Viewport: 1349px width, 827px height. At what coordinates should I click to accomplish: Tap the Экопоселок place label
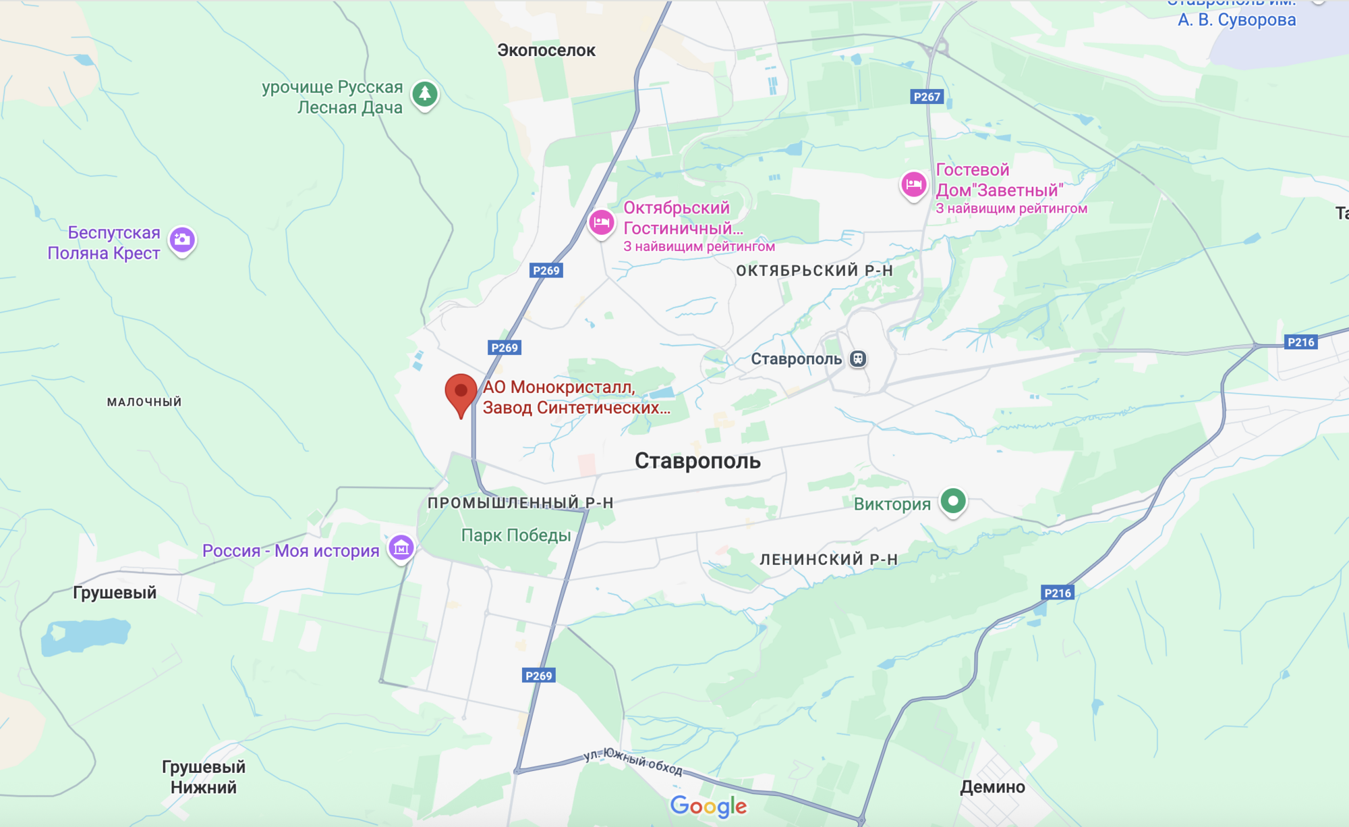[x=546, y=50]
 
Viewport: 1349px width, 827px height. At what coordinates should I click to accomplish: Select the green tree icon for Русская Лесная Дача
[x=425, y=94]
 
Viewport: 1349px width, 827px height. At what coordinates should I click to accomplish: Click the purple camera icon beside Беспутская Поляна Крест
[x=182, y=240]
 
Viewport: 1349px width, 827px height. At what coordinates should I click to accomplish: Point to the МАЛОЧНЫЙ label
[x=144, y=402]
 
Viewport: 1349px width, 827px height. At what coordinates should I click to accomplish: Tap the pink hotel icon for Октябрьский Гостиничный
[x=601, y=222]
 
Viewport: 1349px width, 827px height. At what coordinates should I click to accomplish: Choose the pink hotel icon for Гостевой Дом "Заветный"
[x=914, y=184]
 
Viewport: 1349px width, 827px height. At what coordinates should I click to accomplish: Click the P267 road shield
[x=927, y=97]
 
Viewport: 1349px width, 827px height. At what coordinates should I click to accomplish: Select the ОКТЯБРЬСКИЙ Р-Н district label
[x=814, y=271]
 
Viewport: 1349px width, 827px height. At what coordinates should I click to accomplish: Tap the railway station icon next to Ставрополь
[x=858, y=358]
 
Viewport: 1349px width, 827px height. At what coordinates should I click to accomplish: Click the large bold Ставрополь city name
[x=697, y=461]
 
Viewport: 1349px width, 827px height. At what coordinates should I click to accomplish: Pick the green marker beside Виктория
[x=953, y=501]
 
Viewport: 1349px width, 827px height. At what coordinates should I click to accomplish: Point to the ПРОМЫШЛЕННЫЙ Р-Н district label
[x=520, y=502]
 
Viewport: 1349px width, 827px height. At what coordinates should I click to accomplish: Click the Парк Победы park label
[x=516, y=535]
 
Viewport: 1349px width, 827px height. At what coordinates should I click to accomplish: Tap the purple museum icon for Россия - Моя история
[x=401, y=548]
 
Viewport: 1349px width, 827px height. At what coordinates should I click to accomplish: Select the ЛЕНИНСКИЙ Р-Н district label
[x=828, y=559]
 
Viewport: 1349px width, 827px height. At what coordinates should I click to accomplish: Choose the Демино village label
[x=992, y=786]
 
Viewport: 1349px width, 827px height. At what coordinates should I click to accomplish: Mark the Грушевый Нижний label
[x=203, y=777]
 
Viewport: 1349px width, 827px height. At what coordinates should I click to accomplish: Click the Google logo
[x=708, y=806]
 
